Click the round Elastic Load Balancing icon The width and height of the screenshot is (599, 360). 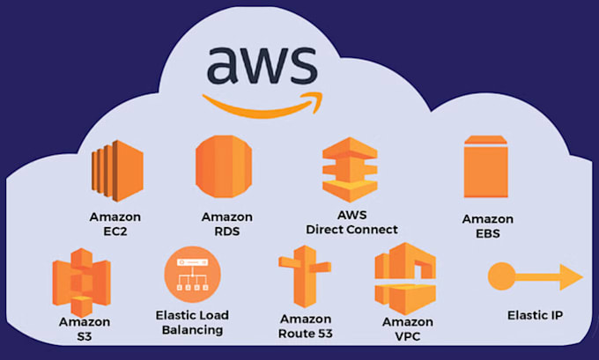[x=191, y=275]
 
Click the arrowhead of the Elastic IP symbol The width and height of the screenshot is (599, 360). [x=571, y=277]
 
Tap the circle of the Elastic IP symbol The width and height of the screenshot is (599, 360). [x=502, y=276]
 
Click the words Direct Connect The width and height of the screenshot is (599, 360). [x=351, y=230]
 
